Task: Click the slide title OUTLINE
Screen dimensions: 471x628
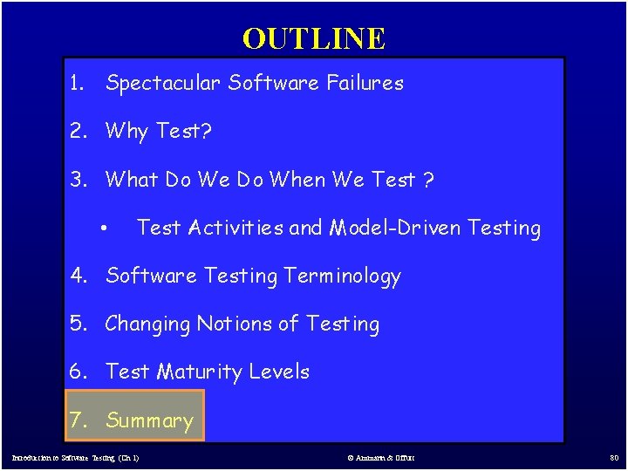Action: click(x=313, y=38)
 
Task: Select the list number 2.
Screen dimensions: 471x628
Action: click(x=78, y=132)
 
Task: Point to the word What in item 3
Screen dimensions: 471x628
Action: click(x=132, y=180)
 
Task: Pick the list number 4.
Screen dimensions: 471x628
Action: click(x=78, y=276)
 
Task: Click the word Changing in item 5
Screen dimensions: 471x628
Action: click(x=147, y=324)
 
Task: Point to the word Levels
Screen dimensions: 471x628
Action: click(x=279, y=372)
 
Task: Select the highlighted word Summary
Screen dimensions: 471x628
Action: click(x=149, y=420)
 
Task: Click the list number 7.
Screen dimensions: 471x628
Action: click(x=78, y=420)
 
